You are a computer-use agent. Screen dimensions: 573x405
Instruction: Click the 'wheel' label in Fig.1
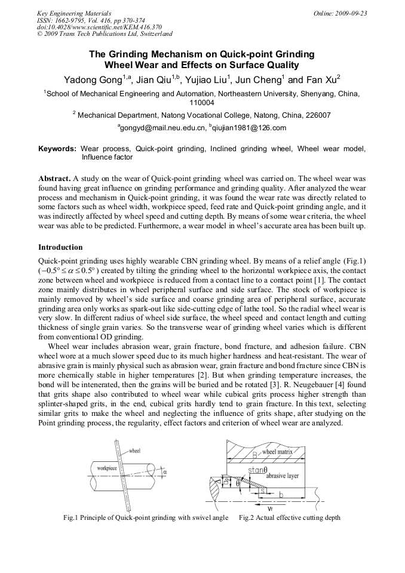coord(135,451)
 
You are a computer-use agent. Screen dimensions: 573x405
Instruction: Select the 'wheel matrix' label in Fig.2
coord(278,452)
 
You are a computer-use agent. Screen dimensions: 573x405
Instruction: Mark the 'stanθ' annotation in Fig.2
coord(257,470)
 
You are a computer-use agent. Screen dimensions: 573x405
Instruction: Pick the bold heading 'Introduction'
coord(60,247)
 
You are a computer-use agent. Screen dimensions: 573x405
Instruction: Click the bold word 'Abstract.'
coord(55,179)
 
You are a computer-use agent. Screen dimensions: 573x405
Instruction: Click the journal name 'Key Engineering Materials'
coord(72,13)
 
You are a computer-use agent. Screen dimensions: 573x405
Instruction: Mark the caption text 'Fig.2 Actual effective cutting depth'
coord(289,517)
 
